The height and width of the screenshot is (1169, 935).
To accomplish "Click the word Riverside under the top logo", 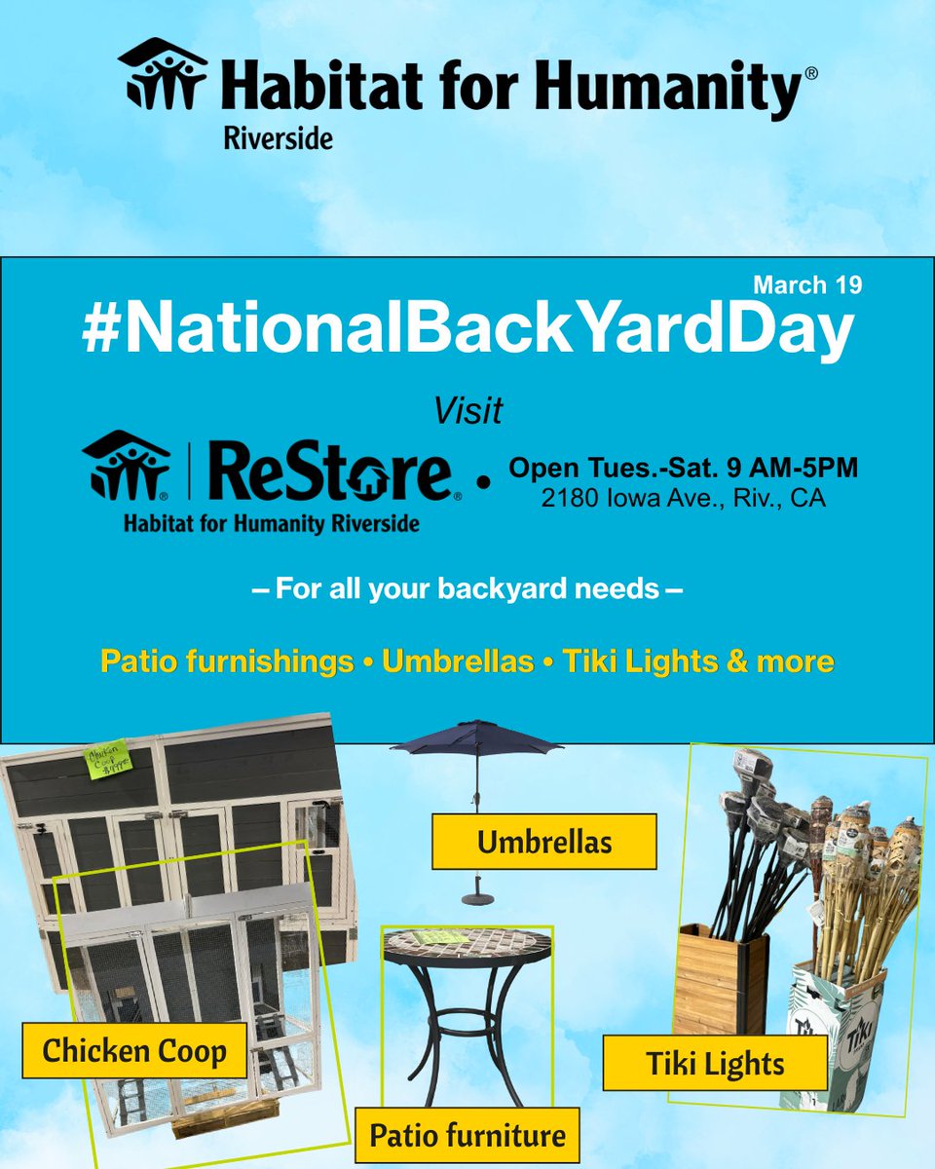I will pos(277,137).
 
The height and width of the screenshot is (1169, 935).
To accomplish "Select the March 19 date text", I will pos(807,286).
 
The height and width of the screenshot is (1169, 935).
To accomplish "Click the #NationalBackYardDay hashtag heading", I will pos(467,332).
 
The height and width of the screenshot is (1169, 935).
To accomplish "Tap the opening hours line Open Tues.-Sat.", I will pos(683,468).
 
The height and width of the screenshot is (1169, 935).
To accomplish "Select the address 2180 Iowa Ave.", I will pos(683,499).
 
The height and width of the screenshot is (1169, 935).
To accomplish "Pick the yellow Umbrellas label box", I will pos(543,842).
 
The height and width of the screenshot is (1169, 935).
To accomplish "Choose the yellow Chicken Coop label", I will pos(134,1051).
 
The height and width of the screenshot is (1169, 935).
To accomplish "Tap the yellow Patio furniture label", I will pos(467,1135).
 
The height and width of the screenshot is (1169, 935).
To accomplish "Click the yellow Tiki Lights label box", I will pos(715,1063).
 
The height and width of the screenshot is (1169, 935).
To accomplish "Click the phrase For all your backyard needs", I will pos(467,590).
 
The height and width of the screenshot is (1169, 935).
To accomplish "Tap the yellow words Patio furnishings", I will pos(227,662).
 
